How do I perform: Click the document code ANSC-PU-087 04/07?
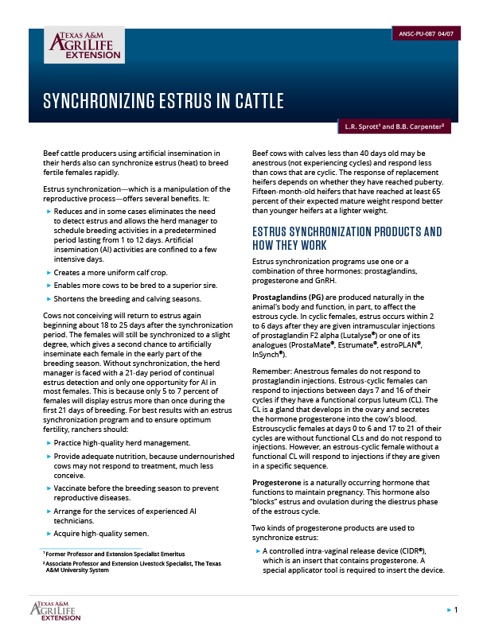427,35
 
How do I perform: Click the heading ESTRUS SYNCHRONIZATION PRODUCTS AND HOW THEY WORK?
346,239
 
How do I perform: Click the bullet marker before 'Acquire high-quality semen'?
49,534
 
